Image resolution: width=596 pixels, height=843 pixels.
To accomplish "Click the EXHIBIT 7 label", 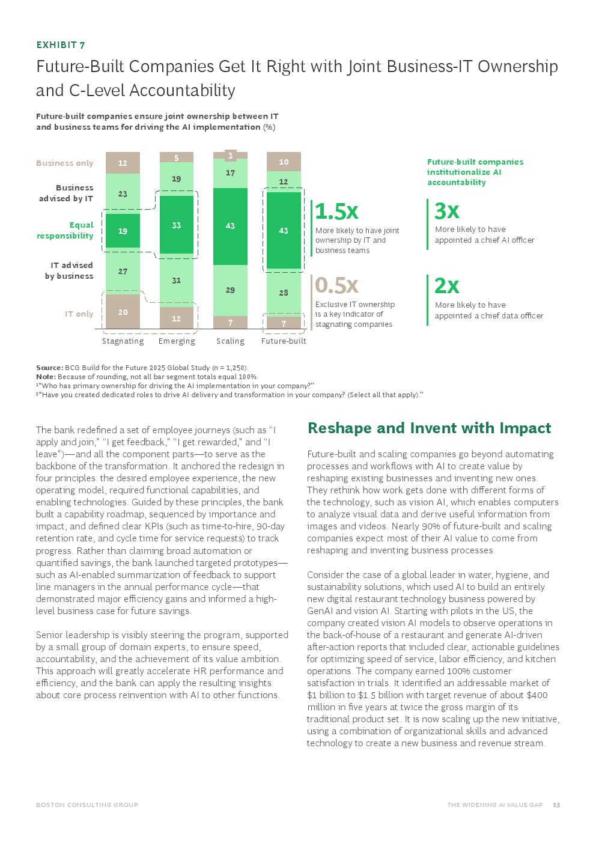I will tap(60, 45).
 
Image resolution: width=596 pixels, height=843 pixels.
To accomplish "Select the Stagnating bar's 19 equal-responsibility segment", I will tap(123, 231).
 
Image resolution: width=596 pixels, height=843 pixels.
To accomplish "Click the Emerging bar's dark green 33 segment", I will tap(176, 225).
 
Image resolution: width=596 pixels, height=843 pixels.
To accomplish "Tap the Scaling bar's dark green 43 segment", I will tap(230, 226).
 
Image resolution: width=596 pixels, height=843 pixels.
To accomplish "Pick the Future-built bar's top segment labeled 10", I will tap(284, 162).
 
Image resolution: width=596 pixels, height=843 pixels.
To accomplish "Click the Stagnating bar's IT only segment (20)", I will tap(123, 312).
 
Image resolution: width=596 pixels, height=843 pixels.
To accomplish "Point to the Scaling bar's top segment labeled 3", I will tap(230, 156).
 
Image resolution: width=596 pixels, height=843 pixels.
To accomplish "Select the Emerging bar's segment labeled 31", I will tap(176, 280).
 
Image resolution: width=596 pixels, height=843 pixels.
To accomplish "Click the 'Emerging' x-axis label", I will tap(177, 341).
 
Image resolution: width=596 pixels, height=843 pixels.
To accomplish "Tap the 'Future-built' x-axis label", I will tap(284, 341).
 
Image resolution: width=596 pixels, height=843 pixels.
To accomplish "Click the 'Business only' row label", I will tap(65, 163).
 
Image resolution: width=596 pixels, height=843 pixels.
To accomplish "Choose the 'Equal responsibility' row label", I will tap(65, 231).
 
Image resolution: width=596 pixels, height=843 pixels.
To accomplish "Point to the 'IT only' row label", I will tap(79, 314).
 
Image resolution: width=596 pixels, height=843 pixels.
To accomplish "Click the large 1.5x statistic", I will tap(336, 212).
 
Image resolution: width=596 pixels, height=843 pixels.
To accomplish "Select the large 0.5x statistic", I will tap(336, 285).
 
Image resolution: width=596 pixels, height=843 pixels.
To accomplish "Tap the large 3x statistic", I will tap(447, 212).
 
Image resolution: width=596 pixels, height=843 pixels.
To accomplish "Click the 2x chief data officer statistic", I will tap(447, 286).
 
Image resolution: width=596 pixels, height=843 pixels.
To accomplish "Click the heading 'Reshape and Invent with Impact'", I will tap(429, 428).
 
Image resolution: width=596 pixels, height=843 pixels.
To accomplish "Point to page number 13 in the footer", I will tap(556, 805).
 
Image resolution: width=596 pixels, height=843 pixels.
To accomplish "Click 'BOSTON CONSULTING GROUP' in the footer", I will tap(87, 805).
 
